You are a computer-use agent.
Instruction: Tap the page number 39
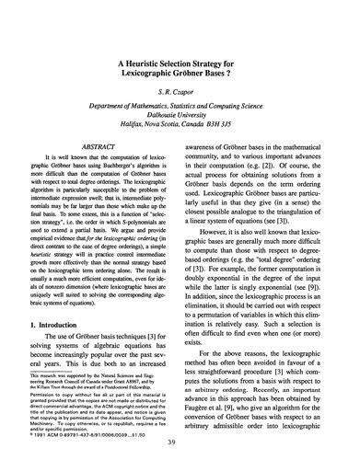click(x=180, y=444)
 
